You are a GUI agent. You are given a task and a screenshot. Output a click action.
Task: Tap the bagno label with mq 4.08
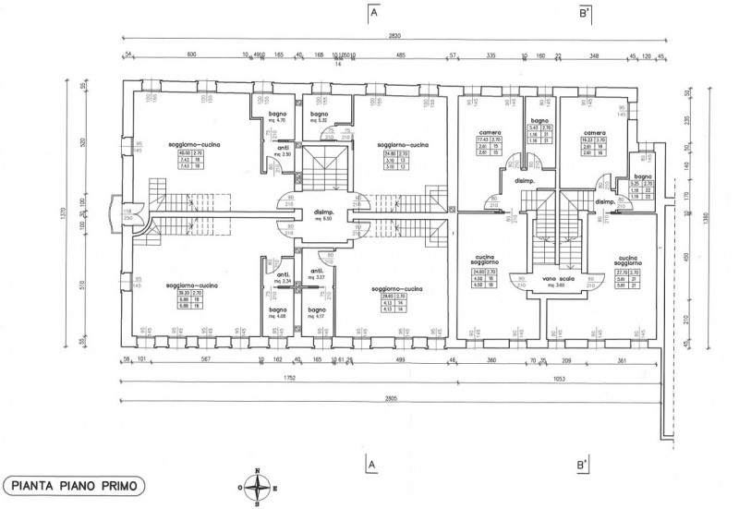tap(278, 312)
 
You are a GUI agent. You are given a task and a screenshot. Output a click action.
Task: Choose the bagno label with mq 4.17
tap(317, 312)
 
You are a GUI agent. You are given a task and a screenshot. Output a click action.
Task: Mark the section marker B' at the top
tap(585, 14)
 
